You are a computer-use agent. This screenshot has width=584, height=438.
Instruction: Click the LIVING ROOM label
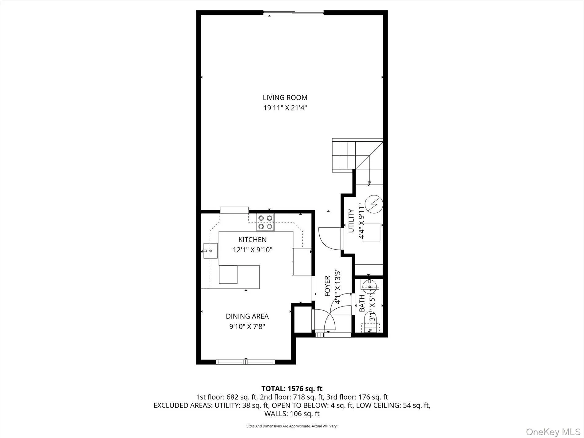tap(285, 97)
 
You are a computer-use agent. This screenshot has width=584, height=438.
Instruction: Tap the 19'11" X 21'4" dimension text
tap(285, 108)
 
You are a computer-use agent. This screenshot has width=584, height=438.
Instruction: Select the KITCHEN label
tap(252, 239)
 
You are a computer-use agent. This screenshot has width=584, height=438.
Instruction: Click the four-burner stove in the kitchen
tap(265, 222)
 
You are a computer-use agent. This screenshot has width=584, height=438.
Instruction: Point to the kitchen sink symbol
tap(210, 251)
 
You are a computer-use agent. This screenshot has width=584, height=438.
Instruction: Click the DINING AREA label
tap(247, 316)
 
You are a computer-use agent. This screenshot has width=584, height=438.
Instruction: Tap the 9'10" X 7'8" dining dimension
tap(247, 326)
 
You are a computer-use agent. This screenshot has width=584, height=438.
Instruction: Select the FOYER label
tap(327, 286)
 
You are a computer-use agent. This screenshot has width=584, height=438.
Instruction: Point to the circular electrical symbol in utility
tap(374, 204)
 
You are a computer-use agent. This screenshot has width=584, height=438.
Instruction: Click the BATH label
tap(362, 303)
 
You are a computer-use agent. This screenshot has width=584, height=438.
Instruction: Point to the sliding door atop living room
tap(294, 13)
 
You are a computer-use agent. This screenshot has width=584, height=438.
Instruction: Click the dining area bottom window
tap(246, 362)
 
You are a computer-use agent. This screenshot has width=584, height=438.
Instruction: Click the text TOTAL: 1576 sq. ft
tap(292, 389)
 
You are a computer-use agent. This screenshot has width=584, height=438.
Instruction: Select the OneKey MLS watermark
tap(553, 432)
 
